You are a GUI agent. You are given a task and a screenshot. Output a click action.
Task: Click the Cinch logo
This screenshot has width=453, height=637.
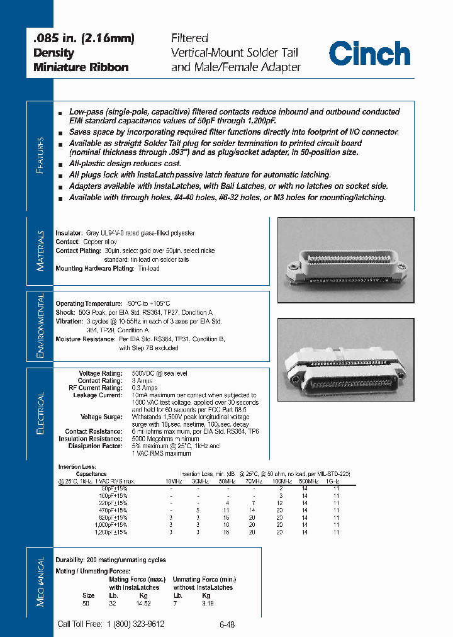click(x=369, y=53)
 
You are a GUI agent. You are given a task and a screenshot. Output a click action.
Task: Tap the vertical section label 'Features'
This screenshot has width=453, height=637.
click(x=40, y=154)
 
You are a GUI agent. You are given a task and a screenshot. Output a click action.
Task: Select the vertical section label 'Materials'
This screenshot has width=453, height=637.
click(x=40, y=250)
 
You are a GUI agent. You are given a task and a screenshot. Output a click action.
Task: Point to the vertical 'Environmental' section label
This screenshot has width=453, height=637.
click(x=40, y=325)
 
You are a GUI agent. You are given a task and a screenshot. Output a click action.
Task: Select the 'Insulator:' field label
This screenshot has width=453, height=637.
click(x=69, y=234)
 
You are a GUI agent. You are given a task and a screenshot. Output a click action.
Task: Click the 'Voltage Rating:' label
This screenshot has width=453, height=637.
click(x=100, y=373)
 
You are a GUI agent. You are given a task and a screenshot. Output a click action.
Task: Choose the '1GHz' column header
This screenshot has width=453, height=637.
click(x=335, y=482)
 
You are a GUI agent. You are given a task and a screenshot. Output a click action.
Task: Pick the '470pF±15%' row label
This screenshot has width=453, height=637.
click(x=114, y=510)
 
